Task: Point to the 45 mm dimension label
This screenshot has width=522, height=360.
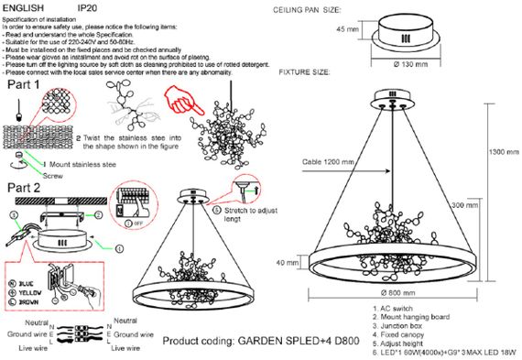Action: click(347, 30)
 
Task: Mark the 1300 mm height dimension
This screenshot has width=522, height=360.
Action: click(500, 151)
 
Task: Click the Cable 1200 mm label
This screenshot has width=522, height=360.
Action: click(325, 162)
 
